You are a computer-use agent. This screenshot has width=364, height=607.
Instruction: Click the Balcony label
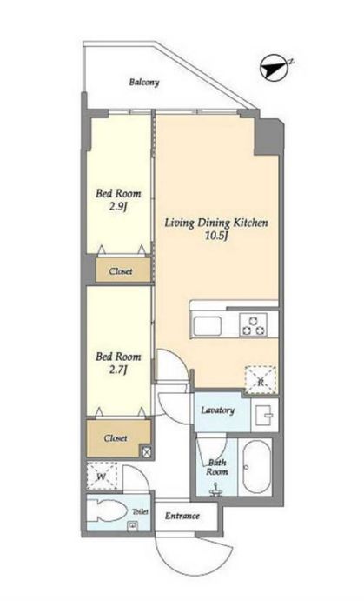pos(144,82)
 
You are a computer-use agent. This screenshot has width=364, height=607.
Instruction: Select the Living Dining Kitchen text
pos(216,223)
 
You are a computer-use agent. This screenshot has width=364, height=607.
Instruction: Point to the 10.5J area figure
pos(215,236)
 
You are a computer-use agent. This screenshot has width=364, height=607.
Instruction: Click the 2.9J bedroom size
pos(118,207)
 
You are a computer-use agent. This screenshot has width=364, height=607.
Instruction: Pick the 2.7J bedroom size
pos(118,370)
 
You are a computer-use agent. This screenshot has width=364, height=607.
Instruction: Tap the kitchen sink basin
pos(208,325)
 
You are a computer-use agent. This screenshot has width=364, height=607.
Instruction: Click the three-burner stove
pos(254,324)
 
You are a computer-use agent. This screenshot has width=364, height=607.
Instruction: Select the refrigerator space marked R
pos(261,380)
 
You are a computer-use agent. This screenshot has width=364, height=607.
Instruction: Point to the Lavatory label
pos(218,410)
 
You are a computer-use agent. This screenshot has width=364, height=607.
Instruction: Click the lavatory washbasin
pos(265,416)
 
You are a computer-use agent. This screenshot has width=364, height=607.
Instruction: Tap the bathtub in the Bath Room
pos(255,466)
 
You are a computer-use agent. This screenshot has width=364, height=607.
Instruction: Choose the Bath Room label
pos(217,467)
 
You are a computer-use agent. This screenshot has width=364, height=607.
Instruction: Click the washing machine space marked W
pos(102,477)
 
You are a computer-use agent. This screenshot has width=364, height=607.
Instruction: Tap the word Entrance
pos(182,516)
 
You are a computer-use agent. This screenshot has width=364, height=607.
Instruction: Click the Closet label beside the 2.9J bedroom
pos(121,271)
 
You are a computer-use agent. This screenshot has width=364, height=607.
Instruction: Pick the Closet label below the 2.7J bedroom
pos(116,438)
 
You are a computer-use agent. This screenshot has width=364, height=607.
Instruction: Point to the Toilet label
pos(141,511)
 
